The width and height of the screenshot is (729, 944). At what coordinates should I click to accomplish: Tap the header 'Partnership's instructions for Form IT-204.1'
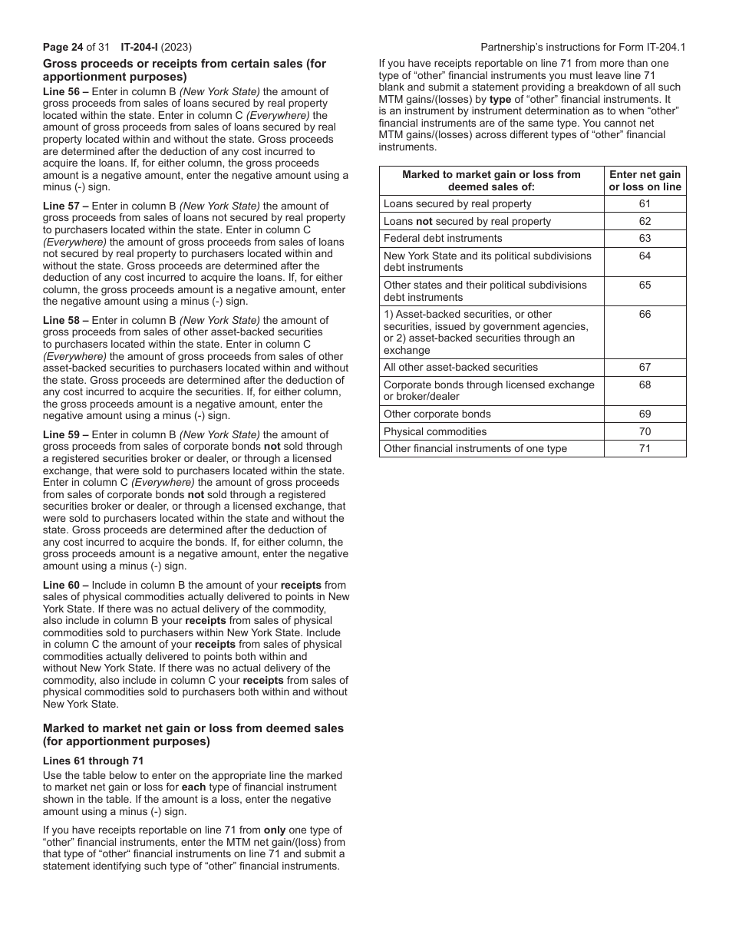[x=582, y=47]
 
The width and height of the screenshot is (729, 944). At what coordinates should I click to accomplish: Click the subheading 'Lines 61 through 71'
[x=93, y=761]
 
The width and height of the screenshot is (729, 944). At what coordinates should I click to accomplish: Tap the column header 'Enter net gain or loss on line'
[x=645, y=180]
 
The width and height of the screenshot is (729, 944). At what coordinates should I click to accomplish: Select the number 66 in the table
[x=645, y=314]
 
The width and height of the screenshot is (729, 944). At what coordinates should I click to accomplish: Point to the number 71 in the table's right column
[x=645, y=448]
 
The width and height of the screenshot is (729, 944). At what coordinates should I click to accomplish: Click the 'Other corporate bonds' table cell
[x=437, y=414]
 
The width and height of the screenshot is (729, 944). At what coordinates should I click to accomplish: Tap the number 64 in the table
[x=645, y=256]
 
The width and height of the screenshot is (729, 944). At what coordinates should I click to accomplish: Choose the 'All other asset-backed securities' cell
[x=460, y=367]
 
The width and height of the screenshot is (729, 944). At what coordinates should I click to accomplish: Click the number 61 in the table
[x=645, y=203]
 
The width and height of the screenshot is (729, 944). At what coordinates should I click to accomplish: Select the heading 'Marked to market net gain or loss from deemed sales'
[x=193, y=728]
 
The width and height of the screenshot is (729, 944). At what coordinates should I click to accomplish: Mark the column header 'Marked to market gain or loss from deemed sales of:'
[x=491, y=180]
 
